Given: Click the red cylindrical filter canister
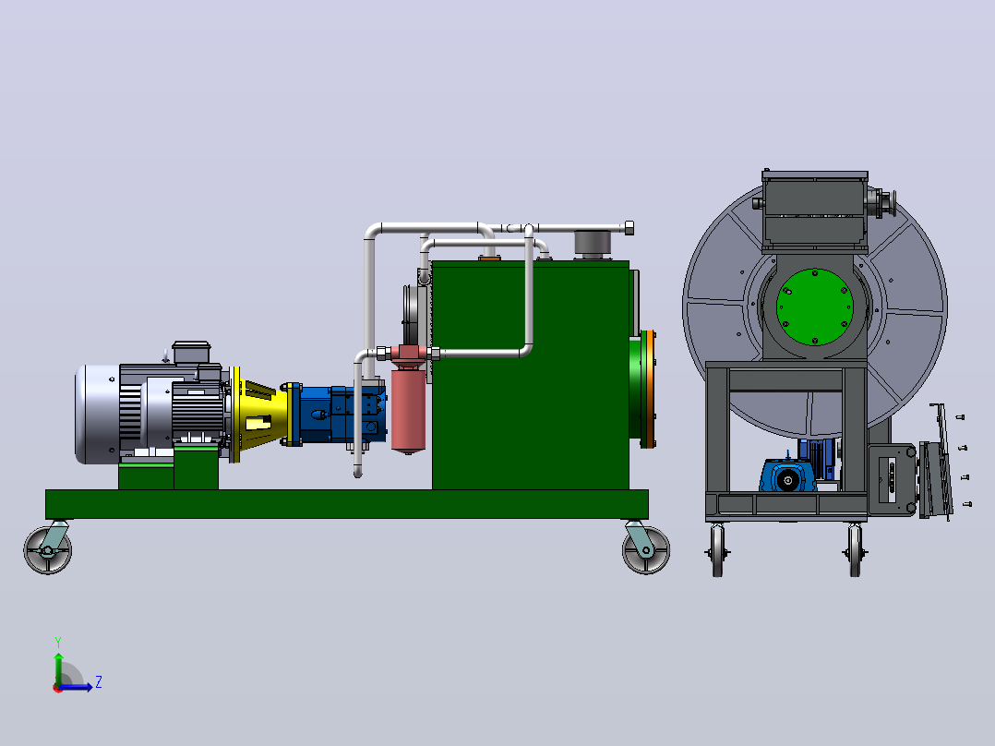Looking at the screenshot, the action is coord(408,406).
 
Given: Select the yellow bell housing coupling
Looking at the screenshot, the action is coord(257,414).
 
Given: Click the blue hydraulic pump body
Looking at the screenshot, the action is coord(340,414).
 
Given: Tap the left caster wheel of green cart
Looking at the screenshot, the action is coord(48,550).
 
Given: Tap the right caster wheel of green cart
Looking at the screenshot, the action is coord(646,550).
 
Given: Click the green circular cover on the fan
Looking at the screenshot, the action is coord(815,307).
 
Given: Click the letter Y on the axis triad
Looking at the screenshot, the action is coord(58,642).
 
